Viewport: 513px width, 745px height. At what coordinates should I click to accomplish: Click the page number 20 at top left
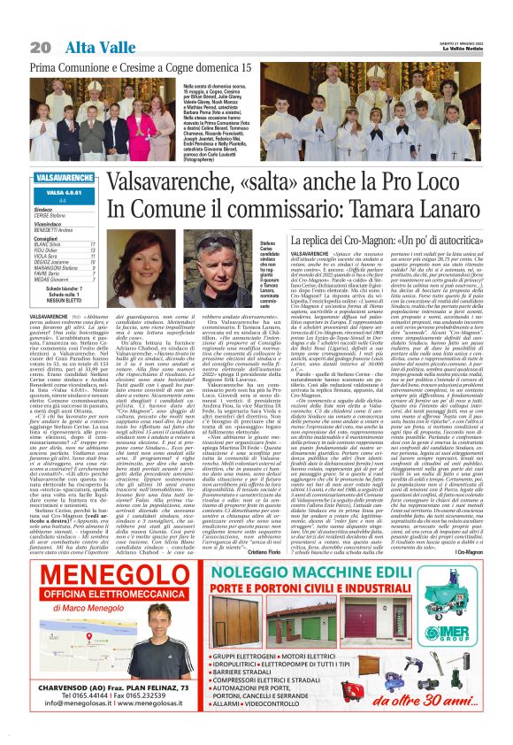(38, 46)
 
